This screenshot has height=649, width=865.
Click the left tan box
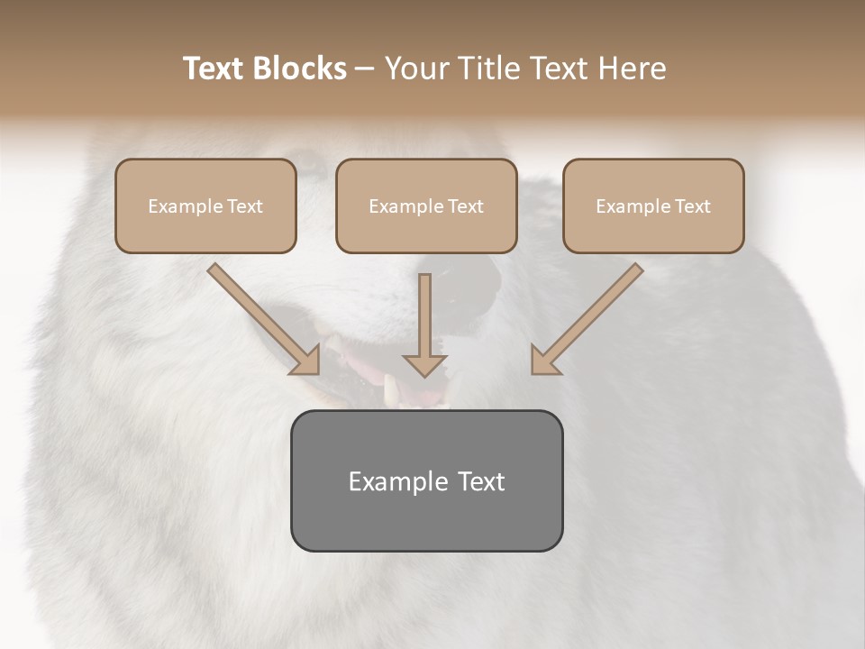pos(205,206)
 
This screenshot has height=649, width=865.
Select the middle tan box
pos(426,206)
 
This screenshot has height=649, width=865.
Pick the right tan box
pos(653,206)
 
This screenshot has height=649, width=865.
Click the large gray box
pos(426,480)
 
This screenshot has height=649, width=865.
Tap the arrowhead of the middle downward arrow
pos(425,365)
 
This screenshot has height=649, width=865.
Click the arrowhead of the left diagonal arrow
pos(306,361)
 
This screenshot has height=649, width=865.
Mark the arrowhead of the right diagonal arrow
pos(544,361)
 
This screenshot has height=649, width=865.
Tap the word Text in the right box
pos(692,206)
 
